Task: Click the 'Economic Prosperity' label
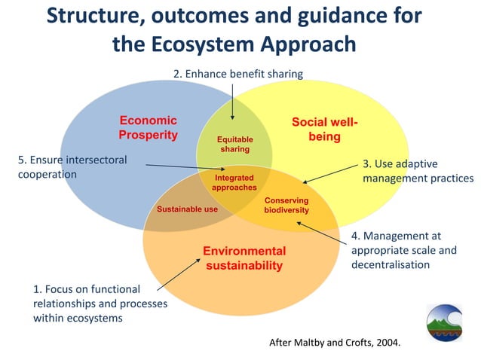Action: click(x=148, y=128)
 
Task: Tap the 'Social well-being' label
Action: click(x=324, y=129)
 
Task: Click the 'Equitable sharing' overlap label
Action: click(x=234, y=145)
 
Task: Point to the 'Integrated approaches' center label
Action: click(x=234, y=182)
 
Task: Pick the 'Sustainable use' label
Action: click(x=187, y=209)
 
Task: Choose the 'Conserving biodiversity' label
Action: click(x=286, y=205)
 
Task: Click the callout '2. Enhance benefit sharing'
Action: click(x=237, y=74)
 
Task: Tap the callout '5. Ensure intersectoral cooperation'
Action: click(x=72, y=166)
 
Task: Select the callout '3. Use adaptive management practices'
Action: click(x=418, y=171)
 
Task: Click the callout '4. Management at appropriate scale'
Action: click(x=404, y=250)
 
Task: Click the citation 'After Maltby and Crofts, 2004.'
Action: click(x=335, y=343)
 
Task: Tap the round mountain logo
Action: click(x=445, y=323)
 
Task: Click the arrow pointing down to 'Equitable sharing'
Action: click(x=233, y=100)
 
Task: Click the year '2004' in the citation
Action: click(x=386, y=343)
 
